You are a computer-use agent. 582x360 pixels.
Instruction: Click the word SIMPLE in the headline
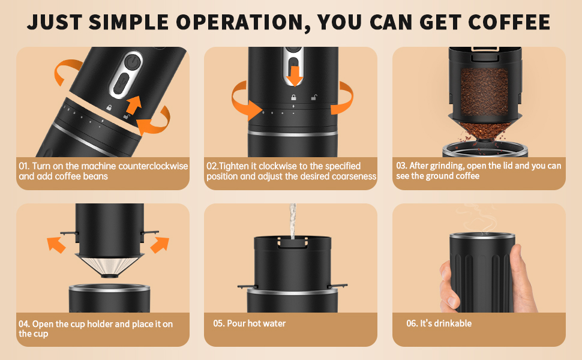point(128,22)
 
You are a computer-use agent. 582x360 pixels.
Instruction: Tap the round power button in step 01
point(132,62)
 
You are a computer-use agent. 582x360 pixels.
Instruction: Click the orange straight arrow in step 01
point(134,104)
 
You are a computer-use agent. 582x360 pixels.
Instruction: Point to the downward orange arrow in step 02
point(295,76)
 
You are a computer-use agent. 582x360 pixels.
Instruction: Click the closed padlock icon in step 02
point(293,97)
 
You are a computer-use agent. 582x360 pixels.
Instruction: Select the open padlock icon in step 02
point(314,97)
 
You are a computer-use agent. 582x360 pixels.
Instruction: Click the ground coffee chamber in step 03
point(484,92)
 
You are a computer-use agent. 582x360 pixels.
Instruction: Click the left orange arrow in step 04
point(56,245)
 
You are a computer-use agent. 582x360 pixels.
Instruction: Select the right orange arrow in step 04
point(160,245)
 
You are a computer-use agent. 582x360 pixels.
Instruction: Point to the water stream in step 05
point(293,221)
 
